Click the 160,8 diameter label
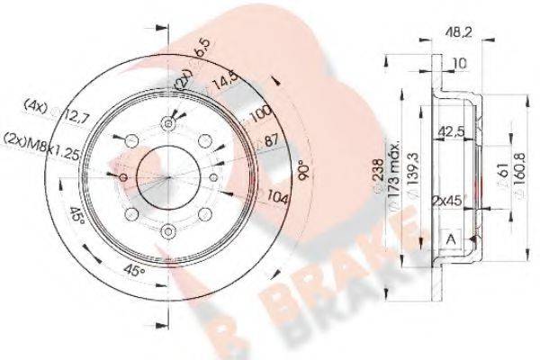click(x=519, y=180)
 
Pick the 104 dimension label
click(x=277, y=197)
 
